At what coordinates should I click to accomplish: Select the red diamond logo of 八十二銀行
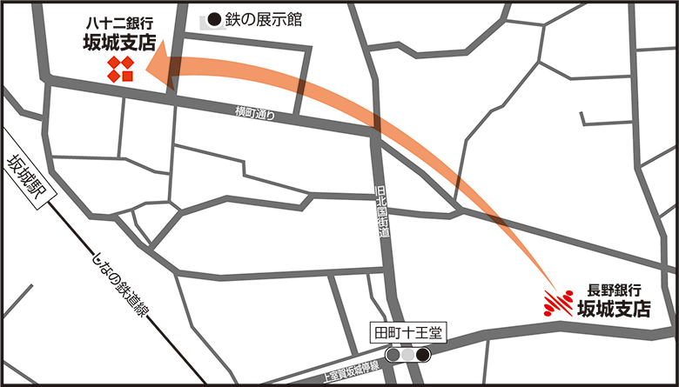(120, 70)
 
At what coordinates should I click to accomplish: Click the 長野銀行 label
(615, 289)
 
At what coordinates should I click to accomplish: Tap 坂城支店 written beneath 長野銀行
(615, 308)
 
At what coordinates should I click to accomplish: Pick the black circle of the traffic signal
(424, 355)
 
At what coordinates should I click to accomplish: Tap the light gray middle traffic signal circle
(408, 355)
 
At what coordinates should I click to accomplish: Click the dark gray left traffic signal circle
(393, 355)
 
